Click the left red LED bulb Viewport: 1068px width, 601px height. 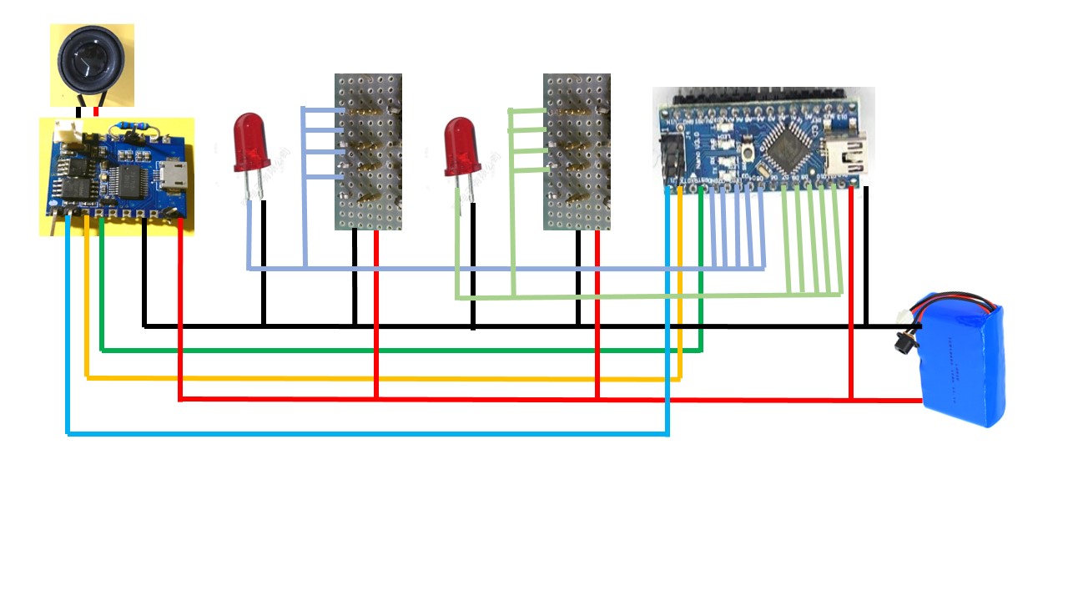click(251, 143)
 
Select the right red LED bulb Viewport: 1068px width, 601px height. click(461, 145)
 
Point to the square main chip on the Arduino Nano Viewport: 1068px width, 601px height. click(788, 148)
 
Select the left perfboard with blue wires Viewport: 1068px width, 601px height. click(368, 151)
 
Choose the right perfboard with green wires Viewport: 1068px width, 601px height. click(577, 151)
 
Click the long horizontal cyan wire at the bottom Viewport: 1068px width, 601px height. click(367, 433)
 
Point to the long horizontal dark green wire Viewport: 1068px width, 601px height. click(400, 351)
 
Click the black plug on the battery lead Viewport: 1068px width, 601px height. click(902, 342)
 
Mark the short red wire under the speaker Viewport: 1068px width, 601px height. click(97, 112)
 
